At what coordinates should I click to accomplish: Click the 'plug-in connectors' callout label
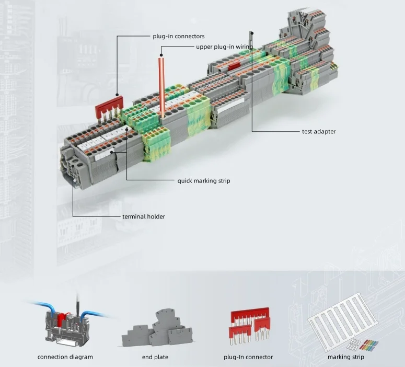[178, 37]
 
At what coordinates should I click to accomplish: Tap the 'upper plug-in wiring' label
[224, 47]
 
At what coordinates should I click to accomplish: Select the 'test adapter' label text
[318, 132]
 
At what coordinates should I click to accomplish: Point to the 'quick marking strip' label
[203, 181]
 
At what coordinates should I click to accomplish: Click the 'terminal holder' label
[143, 216]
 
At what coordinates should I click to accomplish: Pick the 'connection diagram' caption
[65, 357]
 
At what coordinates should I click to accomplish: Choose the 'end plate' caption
[155, 357]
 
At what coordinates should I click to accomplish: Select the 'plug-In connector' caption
[248, 357]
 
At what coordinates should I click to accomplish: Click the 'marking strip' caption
[345, 357]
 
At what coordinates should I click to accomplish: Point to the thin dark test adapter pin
[251, 42]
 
